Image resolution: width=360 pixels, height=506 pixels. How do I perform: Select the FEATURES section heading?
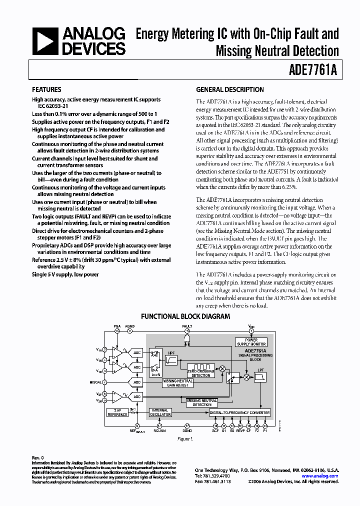click(x=46, y=90)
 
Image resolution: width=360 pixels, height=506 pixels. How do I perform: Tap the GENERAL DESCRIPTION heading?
click(x=229, y=90)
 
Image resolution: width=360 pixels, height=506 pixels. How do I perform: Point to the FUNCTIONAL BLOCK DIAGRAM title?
click(x=185, y=316)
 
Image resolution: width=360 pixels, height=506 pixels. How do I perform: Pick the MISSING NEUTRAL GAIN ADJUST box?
click(x=177, y=383)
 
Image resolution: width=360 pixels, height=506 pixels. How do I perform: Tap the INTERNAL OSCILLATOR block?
click(x=160, y=412)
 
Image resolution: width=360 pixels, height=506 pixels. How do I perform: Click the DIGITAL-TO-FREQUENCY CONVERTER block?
click(x=240, y=413)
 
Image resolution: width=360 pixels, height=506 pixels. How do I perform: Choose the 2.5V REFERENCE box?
click(x=118, y=412)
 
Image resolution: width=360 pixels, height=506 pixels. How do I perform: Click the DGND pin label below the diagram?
click(x=187, y=430)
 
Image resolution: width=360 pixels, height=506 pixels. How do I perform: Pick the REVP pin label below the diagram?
click(x=240, y=430)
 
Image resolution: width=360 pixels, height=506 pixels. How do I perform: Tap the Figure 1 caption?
click(x=185, y=439)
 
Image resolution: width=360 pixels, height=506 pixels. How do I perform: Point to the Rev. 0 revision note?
click(x=38, y=457)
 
